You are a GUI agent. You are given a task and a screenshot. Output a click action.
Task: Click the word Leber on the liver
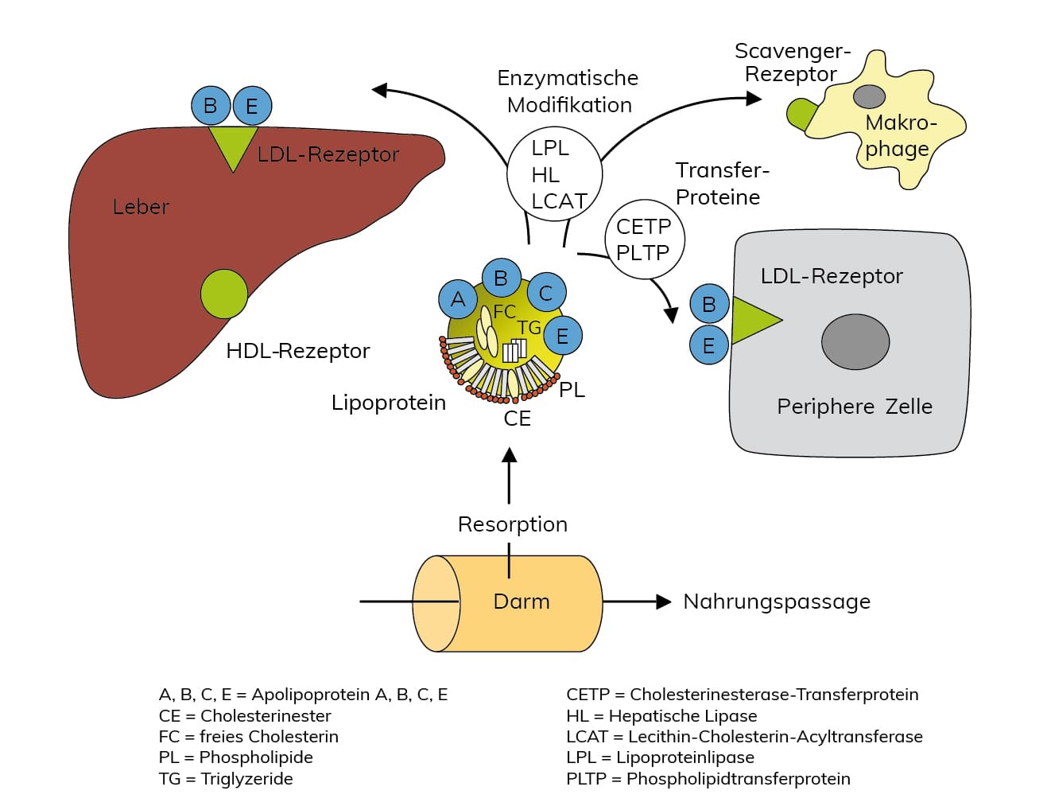coord(141,207)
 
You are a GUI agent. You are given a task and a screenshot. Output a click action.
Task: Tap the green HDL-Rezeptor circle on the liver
coord(224,294)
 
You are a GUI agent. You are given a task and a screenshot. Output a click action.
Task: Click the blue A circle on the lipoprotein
coord(458,299)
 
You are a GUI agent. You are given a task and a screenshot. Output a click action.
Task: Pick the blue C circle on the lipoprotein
coord(546,292)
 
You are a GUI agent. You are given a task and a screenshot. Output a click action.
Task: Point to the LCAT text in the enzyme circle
coord(559,201)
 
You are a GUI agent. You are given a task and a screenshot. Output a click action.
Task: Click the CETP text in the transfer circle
coord(643,227)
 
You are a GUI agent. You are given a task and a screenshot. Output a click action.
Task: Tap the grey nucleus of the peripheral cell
coord(855,341)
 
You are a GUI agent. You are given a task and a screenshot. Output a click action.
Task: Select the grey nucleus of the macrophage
coord(869,96)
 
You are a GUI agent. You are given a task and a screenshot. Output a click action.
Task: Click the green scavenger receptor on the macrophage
coord(800,114)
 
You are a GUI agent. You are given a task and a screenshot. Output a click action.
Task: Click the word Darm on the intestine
coord(522,602)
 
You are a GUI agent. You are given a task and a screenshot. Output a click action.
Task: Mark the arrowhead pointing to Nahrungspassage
coord(663,602)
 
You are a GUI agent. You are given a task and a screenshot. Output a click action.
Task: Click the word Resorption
coord(513,524)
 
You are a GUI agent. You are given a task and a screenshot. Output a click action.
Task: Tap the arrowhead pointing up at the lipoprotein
coord(510,455)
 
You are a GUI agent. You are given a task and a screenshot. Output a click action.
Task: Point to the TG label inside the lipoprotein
coord(529,328)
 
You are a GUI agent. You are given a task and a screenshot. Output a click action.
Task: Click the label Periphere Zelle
coord(855,407)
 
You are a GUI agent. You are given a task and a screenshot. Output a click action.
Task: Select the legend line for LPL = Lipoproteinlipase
coord(660,757)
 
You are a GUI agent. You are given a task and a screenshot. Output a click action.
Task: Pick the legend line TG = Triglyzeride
coord(226,779)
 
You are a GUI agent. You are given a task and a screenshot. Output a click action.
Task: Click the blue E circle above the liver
coord(252,106)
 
